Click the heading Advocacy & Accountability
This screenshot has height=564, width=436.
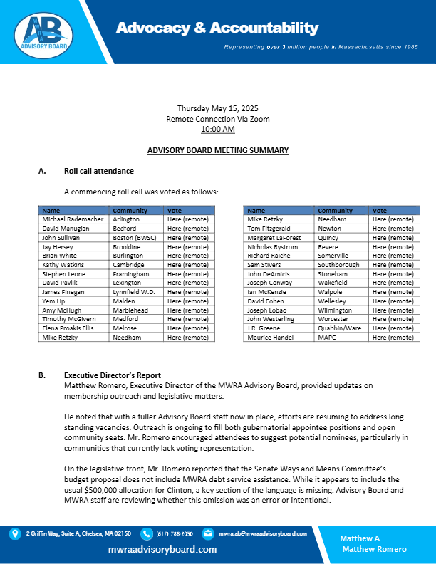pos(217,28)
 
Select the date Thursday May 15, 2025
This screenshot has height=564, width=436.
pos(217,108)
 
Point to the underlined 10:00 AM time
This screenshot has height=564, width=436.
pos(217,129)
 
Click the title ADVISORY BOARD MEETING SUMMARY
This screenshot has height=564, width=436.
pos(217,151)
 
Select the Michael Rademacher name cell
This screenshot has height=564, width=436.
pos(73,219)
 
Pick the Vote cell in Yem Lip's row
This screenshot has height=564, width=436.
pos(186,301)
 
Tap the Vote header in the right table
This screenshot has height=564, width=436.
pos(380,211)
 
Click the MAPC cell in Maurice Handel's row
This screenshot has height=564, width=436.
pos(326,338)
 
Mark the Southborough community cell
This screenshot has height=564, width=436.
pos(341,265)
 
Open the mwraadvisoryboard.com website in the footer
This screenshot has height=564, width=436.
pos(162,550)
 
